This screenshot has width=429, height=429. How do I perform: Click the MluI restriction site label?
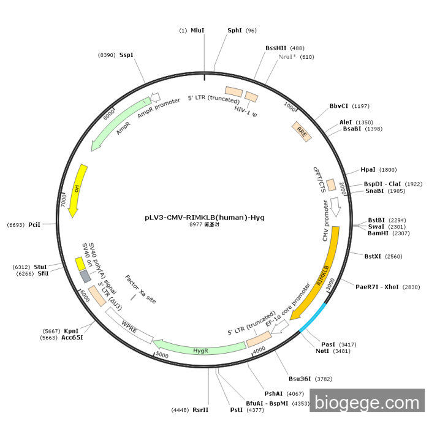pyautogui.click(x=197, y=30)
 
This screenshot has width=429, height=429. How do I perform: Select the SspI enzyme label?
pyautogui.click(x=126, y=55)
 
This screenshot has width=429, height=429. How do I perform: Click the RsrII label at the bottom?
pyautogui.click(x=200, y=409)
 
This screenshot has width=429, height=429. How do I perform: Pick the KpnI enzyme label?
pyautogui.click(x=71, y=331)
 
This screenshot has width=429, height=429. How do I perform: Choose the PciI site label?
pyautogui.click(x=34, y=225)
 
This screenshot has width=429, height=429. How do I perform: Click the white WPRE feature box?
pyautogui.click(x=129, y=324)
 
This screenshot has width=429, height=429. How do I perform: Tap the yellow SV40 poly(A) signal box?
pyautogui.click(x=80, y=263)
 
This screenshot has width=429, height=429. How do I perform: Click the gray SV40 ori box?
pyautogui.click(x=85, y=276)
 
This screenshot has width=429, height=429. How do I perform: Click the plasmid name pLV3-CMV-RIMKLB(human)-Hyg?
pyautogui.click(x=205, y=217)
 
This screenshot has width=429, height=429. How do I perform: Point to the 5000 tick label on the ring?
pyautogui.click(x=162, y=355)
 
